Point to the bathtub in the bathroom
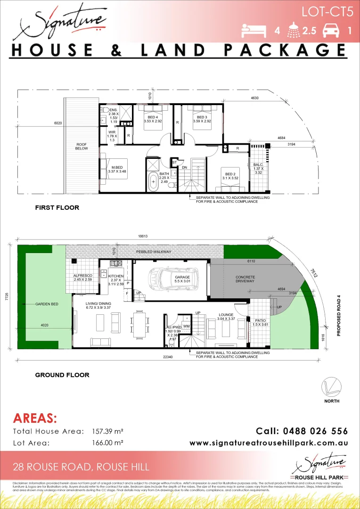coord(153,181)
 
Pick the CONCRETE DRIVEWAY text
coord(245,279)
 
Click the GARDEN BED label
coord(47,304)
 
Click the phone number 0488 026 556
coord(302,431)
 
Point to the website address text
coord(269,443)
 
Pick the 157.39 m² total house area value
coord(107,431)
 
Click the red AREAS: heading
coord(35,418)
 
